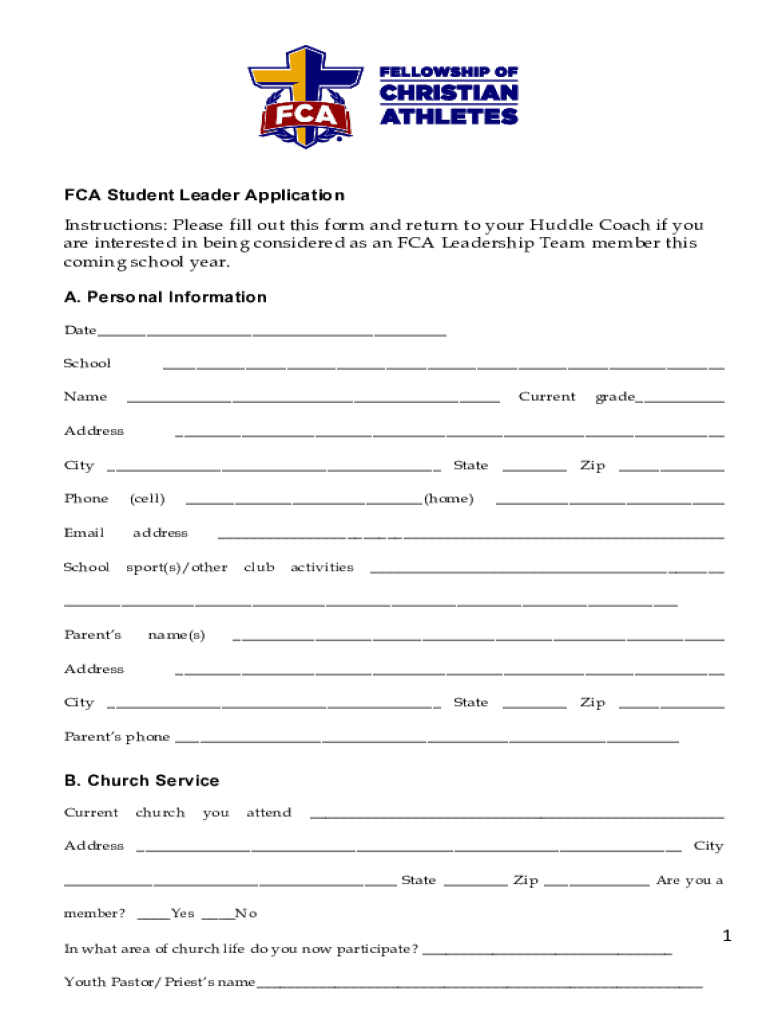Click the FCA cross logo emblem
(306, 94)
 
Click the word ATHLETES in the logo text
(448, 116)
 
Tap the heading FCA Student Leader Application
(204, 195)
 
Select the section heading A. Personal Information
(165, 297)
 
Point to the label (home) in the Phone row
(448, 498)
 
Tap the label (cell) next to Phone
(147, 498)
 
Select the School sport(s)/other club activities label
(208, 567)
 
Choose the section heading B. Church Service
(141, 780)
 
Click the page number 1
(728, 936)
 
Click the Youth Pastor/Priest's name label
(159, 982)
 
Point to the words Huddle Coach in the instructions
(579, 224)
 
